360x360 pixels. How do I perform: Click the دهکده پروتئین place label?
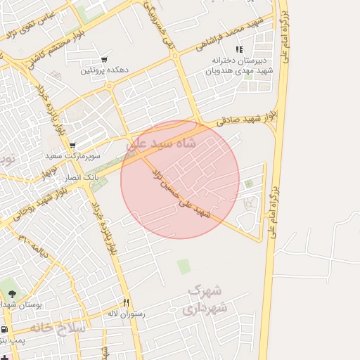103,70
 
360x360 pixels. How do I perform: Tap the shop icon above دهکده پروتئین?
104,60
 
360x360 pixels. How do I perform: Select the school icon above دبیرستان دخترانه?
239,50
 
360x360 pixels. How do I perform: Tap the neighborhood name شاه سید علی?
171,143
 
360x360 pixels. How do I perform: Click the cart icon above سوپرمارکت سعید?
72,146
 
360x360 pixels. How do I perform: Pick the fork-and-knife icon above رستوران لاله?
127,303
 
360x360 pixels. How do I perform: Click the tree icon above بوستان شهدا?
11,293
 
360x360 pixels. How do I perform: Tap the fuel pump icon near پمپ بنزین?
5,329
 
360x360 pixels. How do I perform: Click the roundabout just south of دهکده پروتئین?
110,86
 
